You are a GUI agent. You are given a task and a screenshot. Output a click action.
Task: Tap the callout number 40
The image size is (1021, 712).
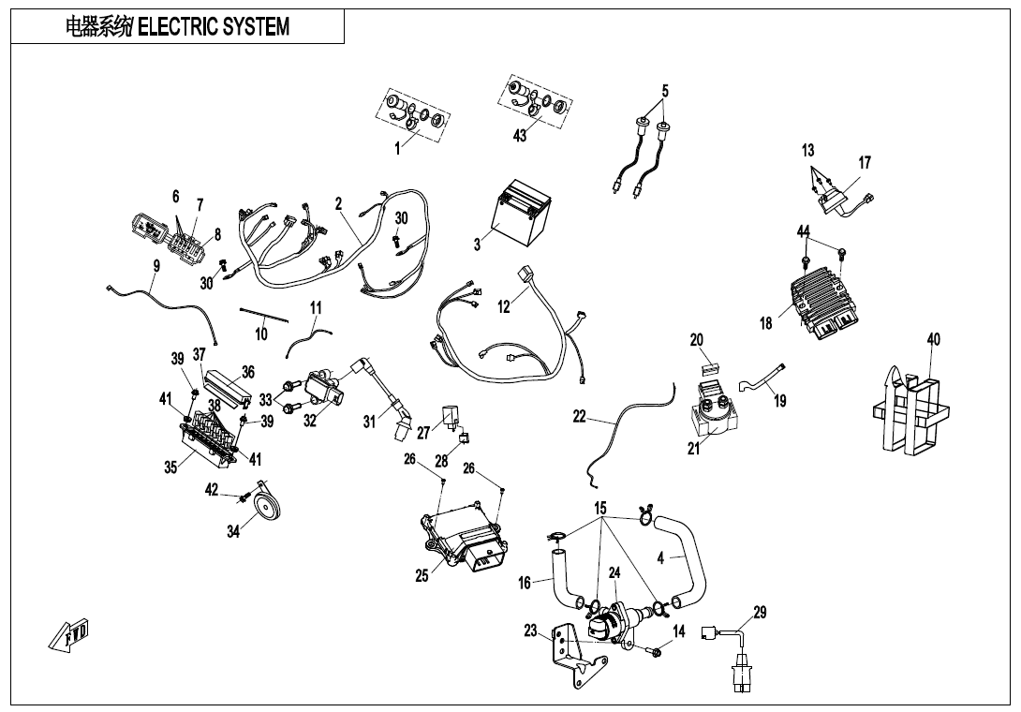click(x=934, y=339)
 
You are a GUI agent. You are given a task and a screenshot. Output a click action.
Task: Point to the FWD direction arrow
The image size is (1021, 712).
click(x=68, y=637)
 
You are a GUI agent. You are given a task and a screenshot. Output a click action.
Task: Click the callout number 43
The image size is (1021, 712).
click(x=520, y=136)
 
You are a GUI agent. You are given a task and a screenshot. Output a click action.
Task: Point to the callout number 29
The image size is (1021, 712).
click(x=760, y=613)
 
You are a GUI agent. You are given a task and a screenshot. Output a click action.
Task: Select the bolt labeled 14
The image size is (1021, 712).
click(x=656, y=650)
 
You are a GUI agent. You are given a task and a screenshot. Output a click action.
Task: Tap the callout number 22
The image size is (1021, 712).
click(x=580, y=417)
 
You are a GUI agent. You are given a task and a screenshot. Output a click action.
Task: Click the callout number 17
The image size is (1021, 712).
click(x=865, y=163)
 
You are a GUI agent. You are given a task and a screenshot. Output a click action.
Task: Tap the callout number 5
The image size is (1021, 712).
click(x=665, y=92)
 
